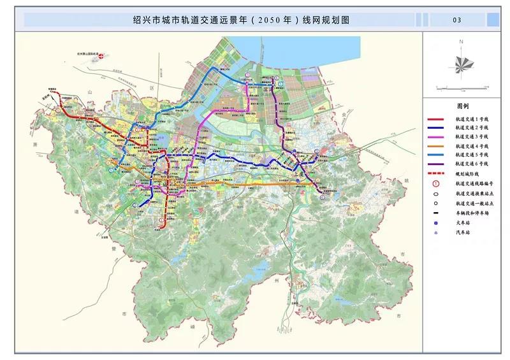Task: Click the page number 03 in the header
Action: [456, 20]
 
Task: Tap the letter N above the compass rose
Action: [460, 41]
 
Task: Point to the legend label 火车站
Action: [463, 223]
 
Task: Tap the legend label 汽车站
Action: [463, 233]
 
